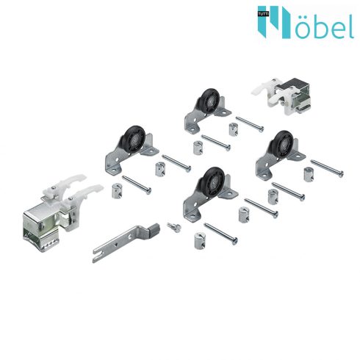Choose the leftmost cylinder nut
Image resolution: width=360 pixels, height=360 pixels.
coord(115,192)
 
